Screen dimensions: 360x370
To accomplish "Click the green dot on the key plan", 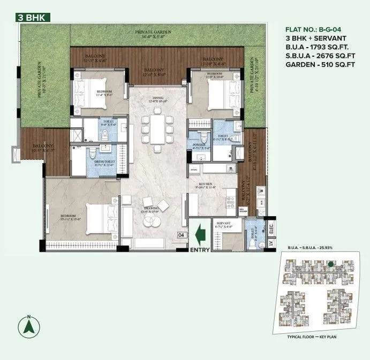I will tap(331, 264).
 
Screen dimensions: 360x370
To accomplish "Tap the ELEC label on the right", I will tap(271, 228).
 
